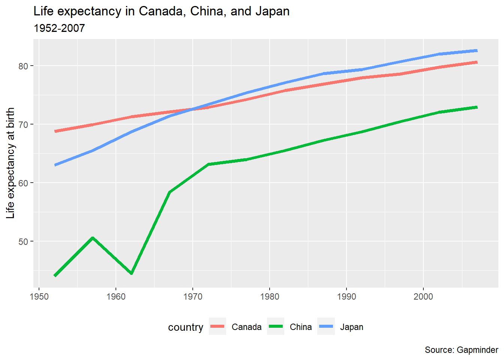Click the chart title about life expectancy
161,11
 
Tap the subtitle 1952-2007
59,28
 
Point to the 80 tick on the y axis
24,66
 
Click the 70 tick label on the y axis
24,124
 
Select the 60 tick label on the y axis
24,183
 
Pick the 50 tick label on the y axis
24,241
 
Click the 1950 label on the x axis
39,297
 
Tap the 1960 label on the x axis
116,297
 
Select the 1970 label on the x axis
193,297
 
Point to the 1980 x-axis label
269,297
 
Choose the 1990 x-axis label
346,297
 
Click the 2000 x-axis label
423,297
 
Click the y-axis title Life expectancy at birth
10,163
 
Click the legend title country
186,327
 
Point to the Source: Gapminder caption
461,350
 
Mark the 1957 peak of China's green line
93,238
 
